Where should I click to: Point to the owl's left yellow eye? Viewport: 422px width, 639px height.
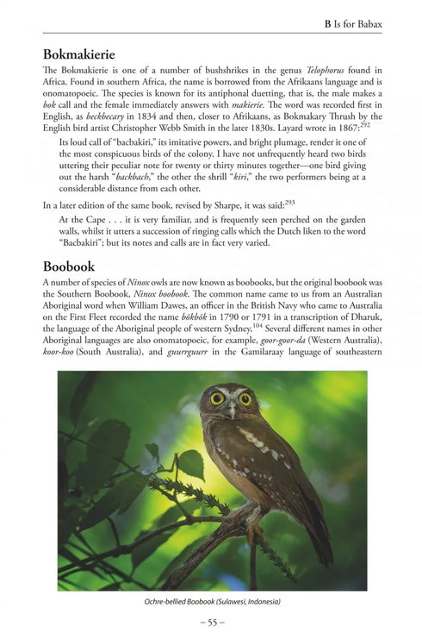216,398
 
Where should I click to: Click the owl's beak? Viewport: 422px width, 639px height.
231,409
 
